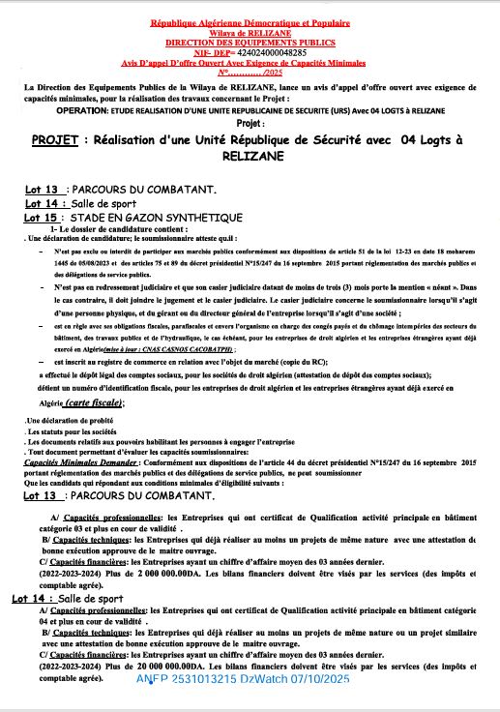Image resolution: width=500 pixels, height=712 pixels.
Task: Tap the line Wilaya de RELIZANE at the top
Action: pyautogui.click(x=250, y=32)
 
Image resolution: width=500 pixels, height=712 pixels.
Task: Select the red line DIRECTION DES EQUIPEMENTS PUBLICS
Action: pyautogui.click(x=250, y=44)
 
